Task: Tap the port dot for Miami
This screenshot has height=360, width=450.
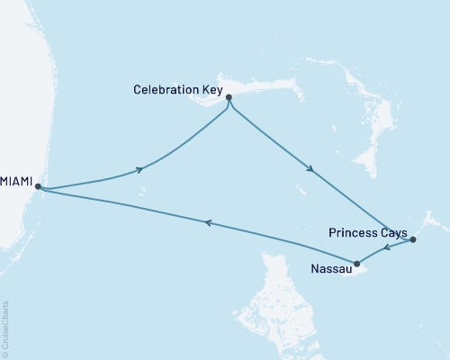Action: [38, 186]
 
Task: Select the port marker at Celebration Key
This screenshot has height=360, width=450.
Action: [229, 97]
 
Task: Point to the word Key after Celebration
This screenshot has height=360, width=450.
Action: [209, 89]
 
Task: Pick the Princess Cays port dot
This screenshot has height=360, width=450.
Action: [412, 240]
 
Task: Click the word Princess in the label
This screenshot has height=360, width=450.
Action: [354, 233]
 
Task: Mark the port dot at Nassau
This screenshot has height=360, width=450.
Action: [357, 264]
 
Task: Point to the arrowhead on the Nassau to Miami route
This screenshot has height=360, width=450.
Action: [207, 222]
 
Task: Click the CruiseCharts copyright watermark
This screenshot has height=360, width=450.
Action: [5, 328]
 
